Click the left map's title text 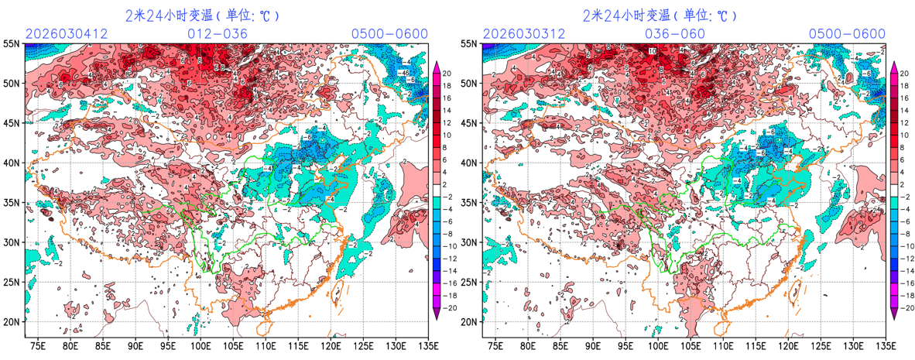point(202,15)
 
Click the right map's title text point(659,15)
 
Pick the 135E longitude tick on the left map point(426,346)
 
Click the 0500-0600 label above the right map point(847,34)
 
